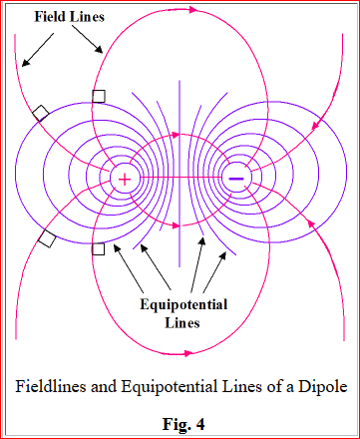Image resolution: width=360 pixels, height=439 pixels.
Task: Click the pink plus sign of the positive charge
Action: coord(125,180)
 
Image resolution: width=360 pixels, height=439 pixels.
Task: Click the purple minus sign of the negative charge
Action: coord(236,179)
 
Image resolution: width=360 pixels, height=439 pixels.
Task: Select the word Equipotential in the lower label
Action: coord(183,305)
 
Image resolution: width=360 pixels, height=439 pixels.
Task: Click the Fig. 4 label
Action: coord(183,424)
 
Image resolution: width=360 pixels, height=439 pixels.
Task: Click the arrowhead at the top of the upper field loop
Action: coord(193,10)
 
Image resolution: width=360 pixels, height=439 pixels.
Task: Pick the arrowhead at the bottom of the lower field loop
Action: coord(188,353)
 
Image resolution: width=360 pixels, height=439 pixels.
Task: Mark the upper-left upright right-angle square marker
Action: coord(99,97)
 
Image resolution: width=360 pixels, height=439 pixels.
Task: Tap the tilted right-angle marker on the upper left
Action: coord(41,113)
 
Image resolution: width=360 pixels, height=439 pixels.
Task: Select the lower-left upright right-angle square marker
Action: coord(98,248)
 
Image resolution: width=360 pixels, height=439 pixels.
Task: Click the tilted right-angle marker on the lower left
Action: coord(47,238)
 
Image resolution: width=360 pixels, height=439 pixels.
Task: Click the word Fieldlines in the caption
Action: coord(50,386)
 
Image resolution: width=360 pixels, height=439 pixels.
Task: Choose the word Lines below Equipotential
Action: coord(182,323)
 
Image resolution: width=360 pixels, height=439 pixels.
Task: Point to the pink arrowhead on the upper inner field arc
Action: coord(176,135)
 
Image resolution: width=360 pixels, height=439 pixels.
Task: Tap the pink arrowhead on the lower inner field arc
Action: coord(176,225)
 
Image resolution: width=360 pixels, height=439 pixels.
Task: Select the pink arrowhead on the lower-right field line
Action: coord(311,223)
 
